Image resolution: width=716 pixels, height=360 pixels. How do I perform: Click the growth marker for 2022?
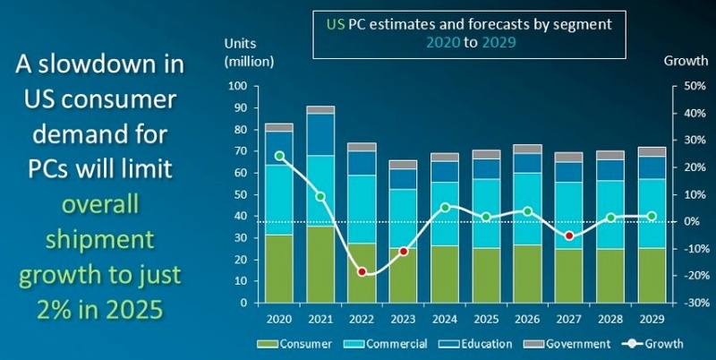coord(362,271)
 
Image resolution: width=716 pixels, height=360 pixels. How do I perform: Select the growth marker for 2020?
coord(280,156)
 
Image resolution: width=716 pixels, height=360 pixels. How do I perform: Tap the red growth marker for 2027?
coord(568,236)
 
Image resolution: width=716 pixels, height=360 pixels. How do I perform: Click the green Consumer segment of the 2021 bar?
coord(320,264)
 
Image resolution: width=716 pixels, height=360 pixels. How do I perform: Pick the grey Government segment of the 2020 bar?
coord(279,127)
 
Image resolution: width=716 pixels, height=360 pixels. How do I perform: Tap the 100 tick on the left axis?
coord(237,86)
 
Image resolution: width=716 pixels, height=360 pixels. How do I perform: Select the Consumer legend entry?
coord(294,343)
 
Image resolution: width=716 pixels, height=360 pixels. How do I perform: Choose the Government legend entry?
coord(573,343)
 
